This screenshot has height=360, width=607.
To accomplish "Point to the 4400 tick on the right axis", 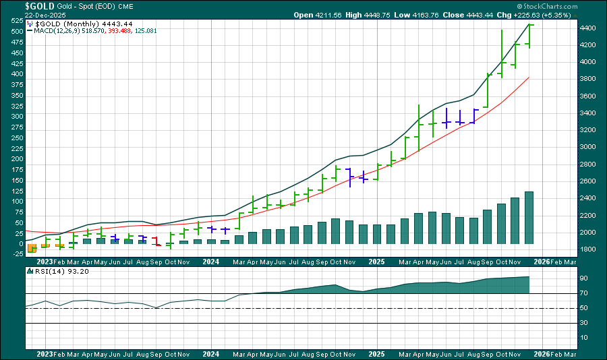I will click(588, 28).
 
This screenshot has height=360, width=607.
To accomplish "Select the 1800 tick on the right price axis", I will click(588, 249).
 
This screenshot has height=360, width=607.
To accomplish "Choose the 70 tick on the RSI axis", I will click(583, 293).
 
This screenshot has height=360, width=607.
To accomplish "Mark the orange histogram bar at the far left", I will click(32, 248).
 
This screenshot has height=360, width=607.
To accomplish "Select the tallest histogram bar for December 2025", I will click(529, 217).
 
